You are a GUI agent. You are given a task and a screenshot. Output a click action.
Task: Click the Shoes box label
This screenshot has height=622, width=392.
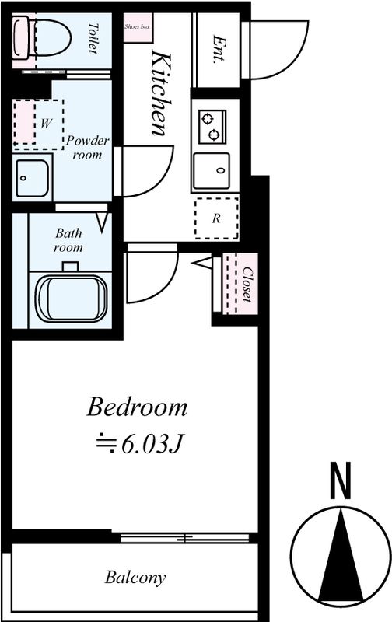click(x=138, y=27)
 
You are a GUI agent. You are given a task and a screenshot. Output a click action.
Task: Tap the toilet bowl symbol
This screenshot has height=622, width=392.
click(x=42, y=37)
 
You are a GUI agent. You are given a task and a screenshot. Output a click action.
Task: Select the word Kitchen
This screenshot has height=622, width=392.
click(x=162, y=94)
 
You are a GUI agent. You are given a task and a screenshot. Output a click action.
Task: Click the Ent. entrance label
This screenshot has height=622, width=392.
click(x=219, y=50)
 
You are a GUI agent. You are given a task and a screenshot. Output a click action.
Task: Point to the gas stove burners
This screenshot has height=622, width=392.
click(x=212, y=127)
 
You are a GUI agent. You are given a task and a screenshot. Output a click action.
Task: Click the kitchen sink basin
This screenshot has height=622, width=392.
click(x=211, y=170)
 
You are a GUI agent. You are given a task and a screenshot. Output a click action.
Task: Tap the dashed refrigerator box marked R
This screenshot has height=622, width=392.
click(x=217, y=218)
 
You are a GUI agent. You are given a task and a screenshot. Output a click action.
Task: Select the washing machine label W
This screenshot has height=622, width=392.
click(x=46, y=124)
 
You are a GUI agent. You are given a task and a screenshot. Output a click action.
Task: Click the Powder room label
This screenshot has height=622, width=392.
click(x=88, y=147)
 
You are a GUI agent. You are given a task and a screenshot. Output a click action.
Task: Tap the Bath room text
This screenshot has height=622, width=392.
click(x=68, y=240)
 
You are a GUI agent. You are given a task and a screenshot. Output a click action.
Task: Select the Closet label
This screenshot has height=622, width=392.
click(x=247, y=284)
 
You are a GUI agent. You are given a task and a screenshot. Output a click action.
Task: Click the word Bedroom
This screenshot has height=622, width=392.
click(x=136, y=407)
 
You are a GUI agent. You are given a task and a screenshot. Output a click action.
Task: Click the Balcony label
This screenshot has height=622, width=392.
click(x=135, y=577)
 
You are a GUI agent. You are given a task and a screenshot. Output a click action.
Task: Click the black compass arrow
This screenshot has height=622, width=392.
click(x=341, y=554)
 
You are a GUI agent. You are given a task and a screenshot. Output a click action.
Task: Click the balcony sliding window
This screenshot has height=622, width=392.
click(x=184, y=537)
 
